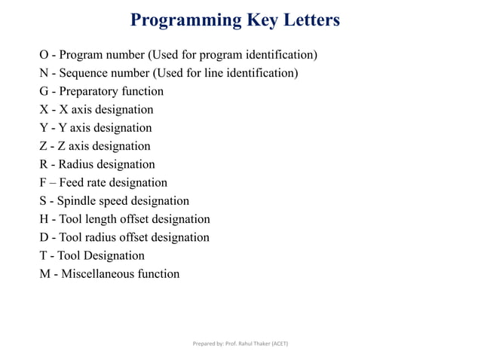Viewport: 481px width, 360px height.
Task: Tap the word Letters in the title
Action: pos(308,20)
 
